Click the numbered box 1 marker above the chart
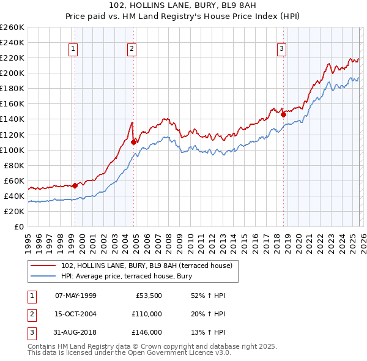73,50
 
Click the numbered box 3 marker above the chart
282,50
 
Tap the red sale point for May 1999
75,185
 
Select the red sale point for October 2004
133,142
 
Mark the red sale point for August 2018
283,114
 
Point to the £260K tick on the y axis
12,28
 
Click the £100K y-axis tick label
12,150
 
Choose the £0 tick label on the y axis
18,227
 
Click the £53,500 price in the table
149,296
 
